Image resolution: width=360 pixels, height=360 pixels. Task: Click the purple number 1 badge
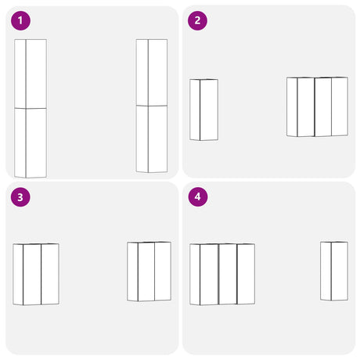click(x=20, y=20)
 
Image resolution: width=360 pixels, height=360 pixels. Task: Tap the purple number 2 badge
click(x=197, y=20)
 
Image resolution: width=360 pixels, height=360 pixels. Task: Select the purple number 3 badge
click(x=20, y=197)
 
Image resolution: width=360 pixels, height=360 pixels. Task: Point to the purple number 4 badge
click(x=198, y=196)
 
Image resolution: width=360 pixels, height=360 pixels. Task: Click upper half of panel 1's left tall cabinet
click(x=31, y=74)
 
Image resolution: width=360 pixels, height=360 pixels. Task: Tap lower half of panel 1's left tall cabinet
click(x=31, y=143)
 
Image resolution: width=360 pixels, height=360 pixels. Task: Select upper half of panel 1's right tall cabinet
click(x=152, y=72)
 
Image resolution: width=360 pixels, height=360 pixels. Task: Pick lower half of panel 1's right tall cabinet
click(x=152, y=139)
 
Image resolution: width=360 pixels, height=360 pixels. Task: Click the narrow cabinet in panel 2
click(x=203, y=110)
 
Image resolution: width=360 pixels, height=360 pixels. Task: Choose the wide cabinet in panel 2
click(x=317, y=106)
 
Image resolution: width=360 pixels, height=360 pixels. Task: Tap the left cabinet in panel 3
click(x=36, y=274)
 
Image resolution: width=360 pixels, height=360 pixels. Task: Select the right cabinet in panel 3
click(x=149, y=272)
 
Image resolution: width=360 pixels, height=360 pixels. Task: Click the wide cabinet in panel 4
click(x=222, y=274)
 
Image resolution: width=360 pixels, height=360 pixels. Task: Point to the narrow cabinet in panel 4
click(x=334, y=271)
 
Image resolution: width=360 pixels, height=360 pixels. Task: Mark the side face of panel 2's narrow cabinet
click(x=195, y=110)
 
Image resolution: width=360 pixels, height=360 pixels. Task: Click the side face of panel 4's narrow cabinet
click(x=326, y=271)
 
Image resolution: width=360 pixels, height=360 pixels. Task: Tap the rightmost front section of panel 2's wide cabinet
click(x=340, y=106)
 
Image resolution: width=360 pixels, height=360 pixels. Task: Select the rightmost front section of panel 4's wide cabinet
click(x=246, y=274)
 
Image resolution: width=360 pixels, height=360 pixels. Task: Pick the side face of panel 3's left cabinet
click(x=18, y=274)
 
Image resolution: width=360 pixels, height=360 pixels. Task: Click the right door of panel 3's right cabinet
click(x=163, y=272)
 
